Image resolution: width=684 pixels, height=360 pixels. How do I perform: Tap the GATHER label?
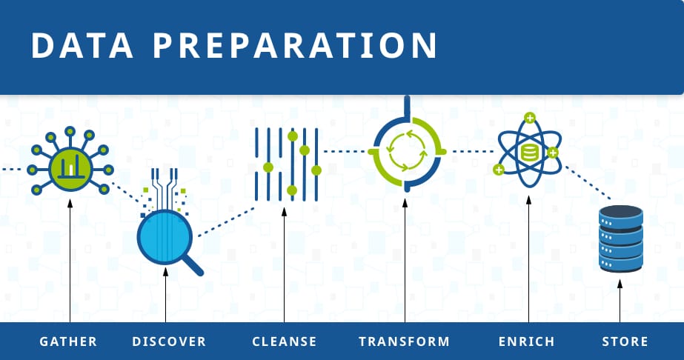point(68,341)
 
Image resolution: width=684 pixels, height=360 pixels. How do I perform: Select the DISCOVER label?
point(169,341)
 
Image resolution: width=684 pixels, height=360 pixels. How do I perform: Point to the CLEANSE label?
point(285,341)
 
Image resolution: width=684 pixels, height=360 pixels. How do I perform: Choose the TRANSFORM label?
point(404,341)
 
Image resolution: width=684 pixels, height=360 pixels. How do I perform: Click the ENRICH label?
point(527,341)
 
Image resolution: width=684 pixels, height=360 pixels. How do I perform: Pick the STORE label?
point(625,341)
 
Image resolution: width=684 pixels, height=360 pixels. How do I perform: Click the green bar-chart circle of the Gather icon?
point(70,167)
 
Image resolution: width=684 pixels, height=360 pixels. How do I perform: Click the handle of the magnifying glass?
point(193,264)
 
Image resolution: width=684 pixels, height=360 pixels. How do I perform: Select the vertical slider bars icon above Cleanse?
point(286,164)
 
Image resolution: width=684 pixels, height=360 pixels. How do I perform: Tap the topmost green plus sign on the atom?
point(529,118)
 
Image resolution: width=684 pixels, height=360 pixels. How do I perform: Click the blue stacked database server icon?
point(620,239)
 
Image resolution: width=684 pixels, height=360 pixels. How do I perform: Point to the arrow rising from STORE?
point(620,304)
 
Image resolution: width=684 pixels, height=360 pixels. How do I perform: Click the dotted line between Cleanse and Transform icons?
point(344,152)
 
